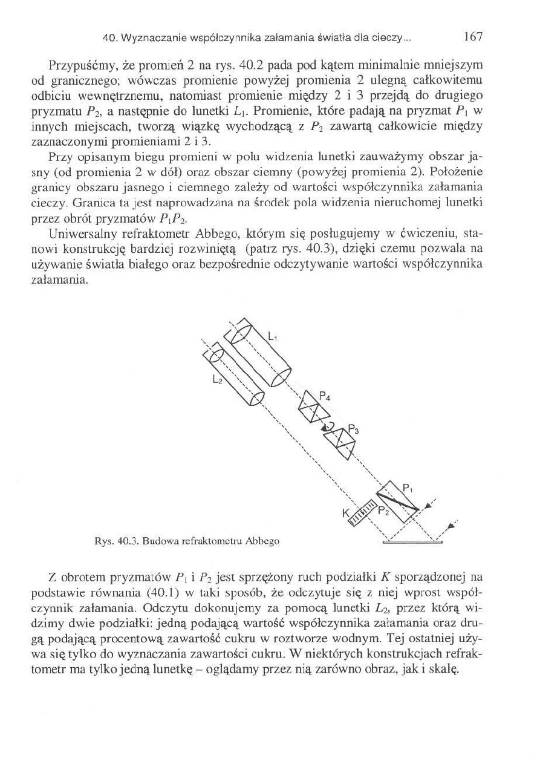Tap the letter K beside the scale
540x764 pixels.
tap(345, 514)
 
